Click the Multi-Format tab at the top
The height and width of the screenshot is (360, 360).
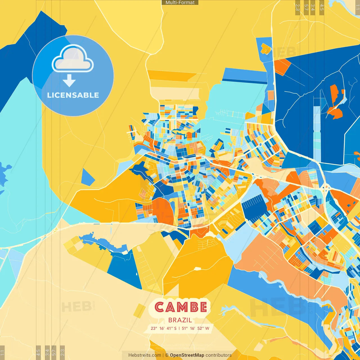(x=180, y=3)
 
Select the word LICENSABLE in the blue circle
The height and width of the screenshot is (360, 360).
(x=73, y=95)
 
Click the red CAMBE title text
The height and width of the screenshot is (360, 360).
(x=181, y=307)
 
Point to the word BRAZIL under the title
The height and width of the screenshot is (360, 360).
(x=180, y=320)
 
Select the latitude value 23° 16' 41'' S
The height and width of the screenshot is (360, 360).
(x=164, y=328)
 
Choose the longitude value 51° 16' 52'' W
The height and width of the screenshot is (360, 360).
(x=196, y=328)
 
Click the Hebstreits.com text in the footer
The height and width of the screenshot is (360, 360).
(x=145, y=355)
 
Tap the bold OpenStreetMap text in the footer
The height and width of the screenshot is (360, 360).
(x=187, y=355)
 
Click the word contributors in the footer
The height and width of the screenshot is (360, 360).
(x=219, y=355)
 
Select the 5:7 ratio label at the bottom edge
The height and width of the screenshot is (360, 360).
(x=54, y=352)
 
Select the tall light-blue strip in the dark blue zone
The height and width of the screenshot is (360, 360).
(x=317, y=132)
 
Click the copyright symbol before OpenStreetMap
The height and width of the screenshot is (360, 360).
(x=167, y=355)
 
